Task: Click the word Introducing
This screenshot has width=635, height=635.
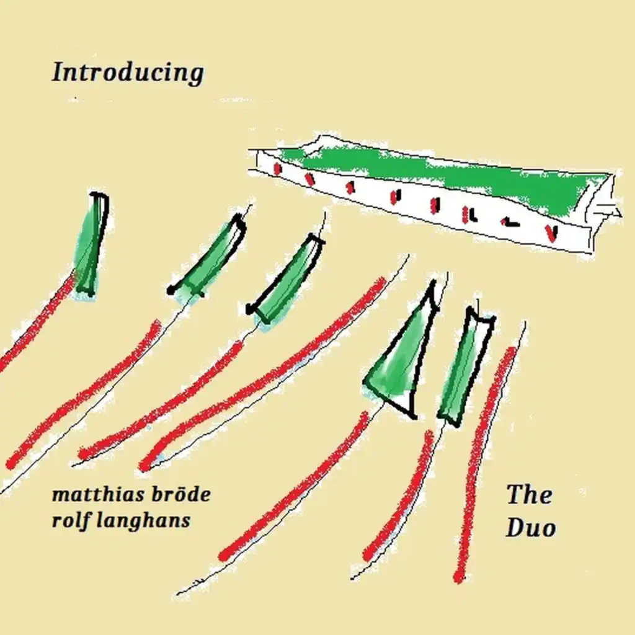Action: tap(128, 73)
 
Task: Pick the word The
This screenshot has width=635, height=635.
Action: tap(530, 494)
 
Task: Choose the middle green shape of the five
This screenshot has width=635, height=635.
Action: tap(286, 279)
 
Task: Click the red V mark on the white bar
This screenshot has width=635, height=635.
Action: tap(551, 233)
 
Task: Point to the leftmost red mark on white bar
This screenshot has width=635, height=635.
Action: tap(277, 169)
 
